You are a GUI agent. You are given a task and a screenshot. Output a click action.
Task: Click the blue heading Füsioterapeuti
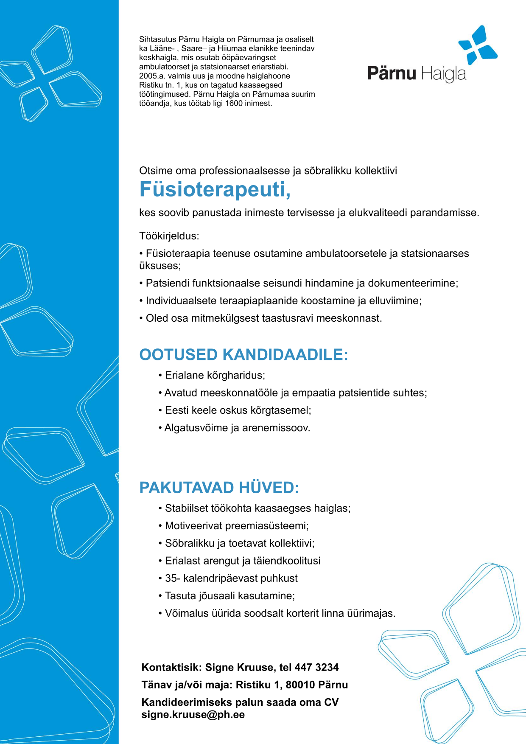pos(215,190)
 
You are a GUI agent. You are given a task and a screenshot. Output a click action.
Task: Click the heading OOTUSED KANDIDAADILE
pos(243,355)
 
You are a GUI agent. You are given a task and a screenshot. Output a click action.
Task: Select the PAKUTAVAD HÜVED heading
pos(219,488)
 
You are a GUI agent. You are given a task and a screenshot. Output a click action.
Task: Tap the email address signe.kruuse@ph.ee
pos(193,715)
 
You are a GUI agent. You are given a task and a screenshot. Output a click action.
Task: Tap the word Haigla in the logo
pos(444,74)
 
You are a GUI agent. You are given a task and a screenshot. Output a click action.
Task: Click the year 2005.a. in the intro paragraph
pos(152,76)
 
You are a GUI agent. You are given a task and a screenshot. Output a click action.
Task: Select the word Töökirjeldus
pos(169,236)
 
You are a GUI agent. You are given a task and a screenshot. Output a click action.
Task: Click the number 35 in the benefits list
pos(171,578)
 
